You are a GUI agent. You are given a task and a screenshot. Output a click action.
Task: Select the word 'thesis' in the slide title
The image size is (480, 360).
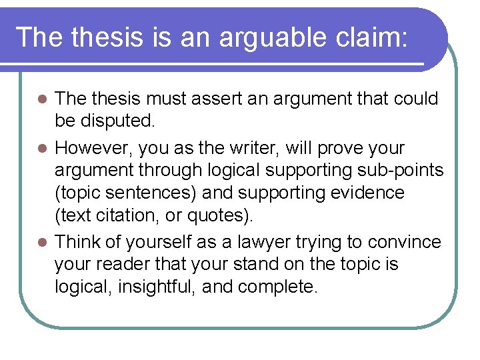pyautogui.click(x=106, y=37)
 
